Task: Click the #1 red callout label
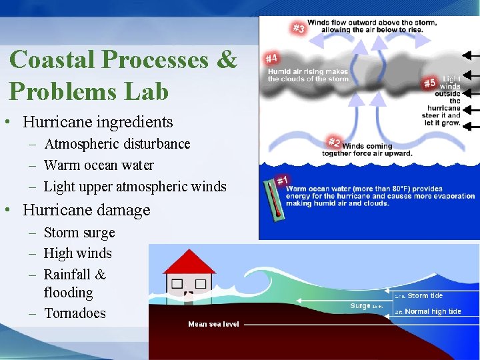pos(283,181)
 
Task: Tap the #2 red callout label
pos(334,142)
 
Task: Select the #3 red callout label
pos(299,28)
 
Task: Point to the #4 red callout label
pos(272,59)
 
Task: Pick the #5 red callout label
pos(430,83)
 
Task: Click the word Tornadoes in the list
pos(75,313)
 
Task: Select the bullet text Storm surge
pos(79,233)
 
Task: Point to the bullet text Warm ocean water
pos(99,165)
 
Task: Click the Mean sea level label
pos(213,324)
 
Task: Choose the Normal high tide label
pos(433,311)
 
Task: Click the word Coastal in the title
pos(53,59)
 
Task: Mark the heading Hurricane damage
pos(87,210)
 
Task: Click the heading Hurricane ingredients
pos(97,122)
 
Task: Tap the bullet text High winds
pos(77,253)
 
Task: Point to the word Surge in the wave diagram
pos(360,306)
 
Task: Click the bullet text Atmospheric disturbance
pos(117,144)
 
